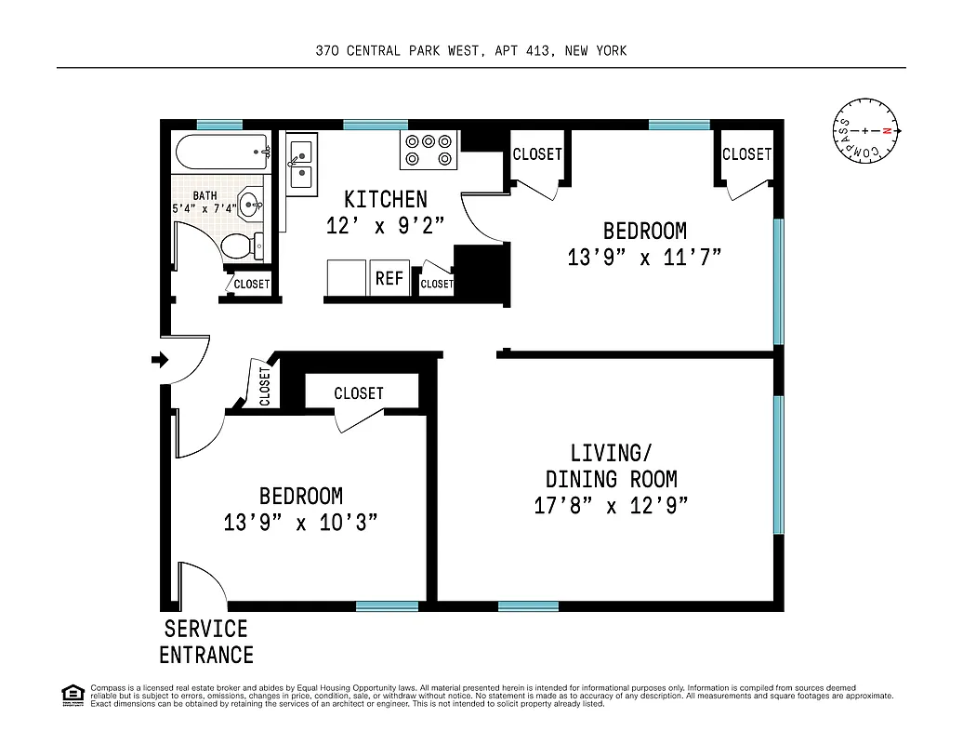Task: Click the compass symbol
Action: click(x=865, y=131)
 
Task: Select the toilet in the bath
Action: click(x=240, y=246)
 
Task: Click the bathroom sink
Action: click(x=250, y=204)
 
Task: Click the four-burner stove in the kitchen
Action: click(x=429, y=150)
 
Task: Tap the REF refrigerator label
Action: click(x=389, y=279)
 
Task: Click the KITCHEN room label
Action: click(x=386, y=199)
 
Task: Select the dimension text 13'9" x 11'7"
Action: click(x=644, y=257)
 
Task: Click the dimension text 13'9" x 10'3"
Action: click(x=300, y=523)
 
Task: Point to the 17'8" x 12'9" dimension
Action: click(x=611, y=506)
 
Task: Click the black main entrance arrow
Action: click(x=160, y=360)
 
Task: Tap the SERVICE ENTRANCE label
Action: click(x=206, y=642)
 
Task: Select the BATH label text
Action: click(x=204, y=195)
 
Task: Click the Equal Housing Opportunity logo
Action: click(x=72, y=694)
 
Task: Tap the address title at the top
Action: click(x=471, y=50)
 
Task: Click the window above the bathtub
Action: click(x=219, y=125)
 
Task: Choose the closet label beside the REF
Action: click(x=436, y=284)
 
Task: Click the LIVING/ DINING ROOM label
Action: click(x=611, y=466)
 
